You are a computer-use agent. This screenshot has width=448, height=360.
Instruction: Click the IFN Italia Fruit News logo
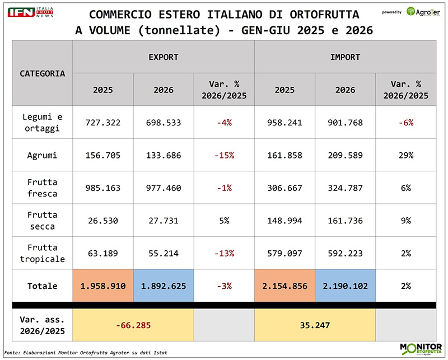(x=30, y=12)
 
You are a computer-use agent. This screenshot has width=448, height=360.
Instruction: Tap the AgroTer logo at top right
(x=423, y=12)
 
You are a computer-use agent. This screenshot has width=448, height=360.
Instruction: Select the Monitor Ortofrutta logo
(x=421, y=349)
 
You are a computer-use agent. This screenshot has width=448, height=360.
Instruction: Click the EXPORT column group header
(x=164, y=57)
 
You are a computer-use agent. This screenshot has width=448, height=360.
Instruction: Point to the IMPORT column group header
(x=345, y=57)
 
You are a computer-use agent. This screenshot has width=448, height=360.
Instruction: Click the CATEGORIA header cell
(x=43, y=73)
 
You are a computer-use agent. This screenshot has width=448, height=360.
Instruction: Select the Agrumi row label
(x=43, y=156)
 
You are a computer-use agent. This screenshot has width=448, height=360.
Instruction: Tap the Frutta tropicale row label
(x=43, y=253)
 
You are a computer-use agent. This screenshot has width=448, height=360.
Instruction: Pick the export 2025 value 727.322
(x=103, y=123)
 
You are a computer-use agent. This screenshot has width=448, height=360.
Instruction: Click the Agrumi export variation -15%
(x=225, y=156)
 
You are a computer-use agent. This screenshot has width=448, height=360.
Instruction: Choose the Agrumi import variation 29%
(x=406, y=156)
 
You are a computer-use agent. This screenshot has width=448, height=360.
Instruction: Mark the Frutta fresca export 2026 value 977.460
(x=164, y=188)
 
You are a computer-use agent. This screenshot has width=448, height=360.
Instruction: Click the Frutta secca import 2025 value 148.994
(x=284, y=221)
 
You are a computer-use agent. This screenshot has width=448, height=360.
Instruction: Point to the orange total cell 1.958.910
(x=103, y=286)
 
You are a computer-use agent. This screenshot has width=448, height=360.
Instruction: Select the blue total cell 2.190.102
(x=345, y=286)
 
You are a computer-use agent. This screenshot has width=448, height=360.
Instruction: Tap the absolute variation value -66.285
(x=133, y=325)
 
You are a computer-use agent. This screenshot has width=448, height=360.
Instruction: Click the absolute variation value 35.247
(x=315, y=325)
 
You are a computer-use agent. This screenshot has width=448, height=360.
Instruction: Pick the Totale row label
(x=43, y=286)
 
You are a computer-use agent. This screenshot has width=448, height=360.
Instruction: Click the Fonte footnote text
(x=86, y=353)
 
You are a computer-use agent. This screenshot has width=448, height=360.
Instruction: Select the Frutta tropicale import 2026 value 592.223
(x=345, y=253)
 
